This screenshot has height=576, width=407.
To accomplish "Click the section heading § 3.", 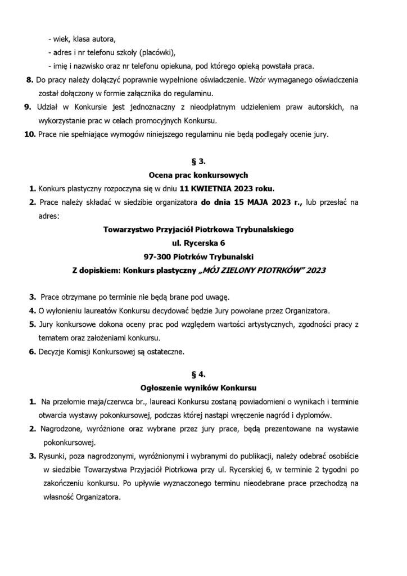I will (203, 161).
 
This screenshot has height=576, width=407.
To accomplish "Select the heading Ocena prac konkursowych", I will (203, 174).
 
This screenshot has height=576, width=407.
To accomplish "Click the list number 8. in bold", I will (30, 80).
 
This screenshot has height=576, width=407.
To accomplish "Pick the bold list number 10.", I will (30, 134).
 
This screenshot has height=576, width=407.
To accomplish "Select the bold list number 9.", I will (30, 107).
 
